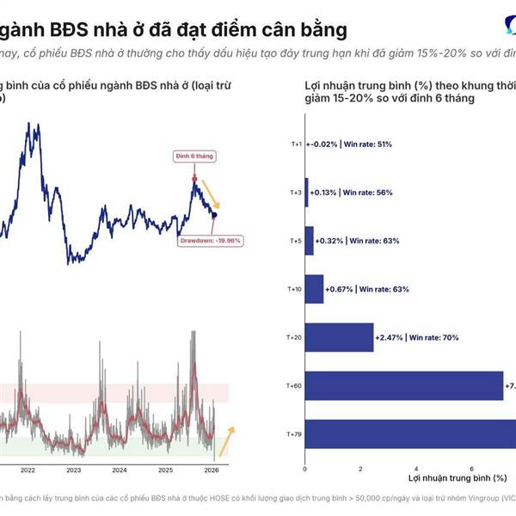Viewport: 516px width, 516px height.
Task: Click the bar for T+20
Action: (340, 338)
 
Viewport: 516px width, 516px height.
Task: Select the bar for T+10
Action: (314, 289)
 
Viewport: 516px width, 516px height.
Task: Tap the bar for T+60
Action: (404, 386)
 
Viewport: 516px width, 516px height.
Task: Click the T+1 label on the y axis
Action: (295, 144)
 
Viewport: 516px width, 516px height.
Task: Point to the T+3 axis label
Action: (295, 193)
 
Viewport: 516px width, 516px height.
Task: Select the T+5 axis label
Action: (295, 241)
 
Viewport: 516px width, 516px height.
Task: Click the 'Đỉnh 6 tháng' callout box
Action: (194, 157)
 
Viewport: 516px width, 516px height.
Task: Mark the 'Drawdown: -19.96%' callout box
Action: (212, 240)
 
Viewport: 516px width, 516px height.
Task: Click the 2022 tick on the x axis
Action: (28, 470)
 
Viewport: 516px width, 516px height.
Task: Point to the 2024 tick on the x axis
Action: (120, 470)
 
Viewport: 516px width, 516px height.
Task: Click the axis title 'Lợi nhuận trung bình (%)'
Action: (456, 477)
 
